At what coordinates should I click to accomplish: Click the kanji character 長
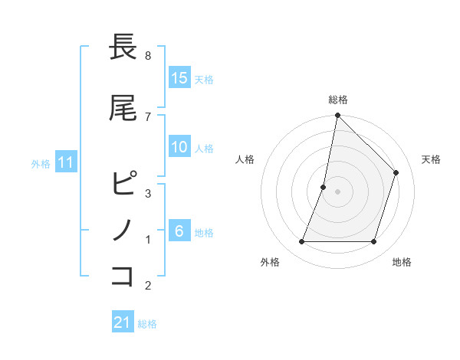click(123, 47)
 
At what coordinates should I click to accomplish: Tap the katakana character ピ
click(123, 184)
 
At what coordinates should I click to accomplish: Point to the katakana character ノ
click(123, 230)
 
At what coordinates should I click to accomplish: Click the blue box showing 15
click(179, 77)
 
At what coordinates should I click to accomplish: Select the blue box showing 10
click(179, 147)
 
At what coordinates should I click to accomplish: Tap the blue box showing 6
click(179, 231)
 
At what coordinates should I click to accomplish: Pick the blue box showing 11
click(66, 162)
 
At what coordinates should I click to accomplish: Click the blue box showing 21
click(123, 322)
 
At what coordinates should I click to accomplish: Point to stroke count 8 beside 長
click(148, 56)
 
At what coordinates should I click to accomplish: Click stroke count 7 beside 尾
click(148, 116)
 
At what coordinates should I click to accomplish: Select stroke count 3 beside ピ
click(148, 193)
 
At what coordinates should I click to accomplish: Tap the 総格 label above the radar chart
click(337, 100)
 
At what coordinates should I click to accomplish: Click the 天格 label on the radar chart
click(431, 159)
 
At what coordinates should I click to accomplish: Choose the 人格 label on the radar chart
click(245, 159)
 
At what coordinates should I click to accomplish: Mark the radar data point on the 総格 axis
click(337, 115)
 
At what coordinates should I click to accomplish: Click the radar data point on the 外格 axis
click(301, 242)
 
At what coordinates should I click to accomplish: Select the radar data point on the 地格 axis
click(373, 242)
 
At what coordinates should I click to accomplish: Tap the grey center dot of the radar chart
click(337, 191)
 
